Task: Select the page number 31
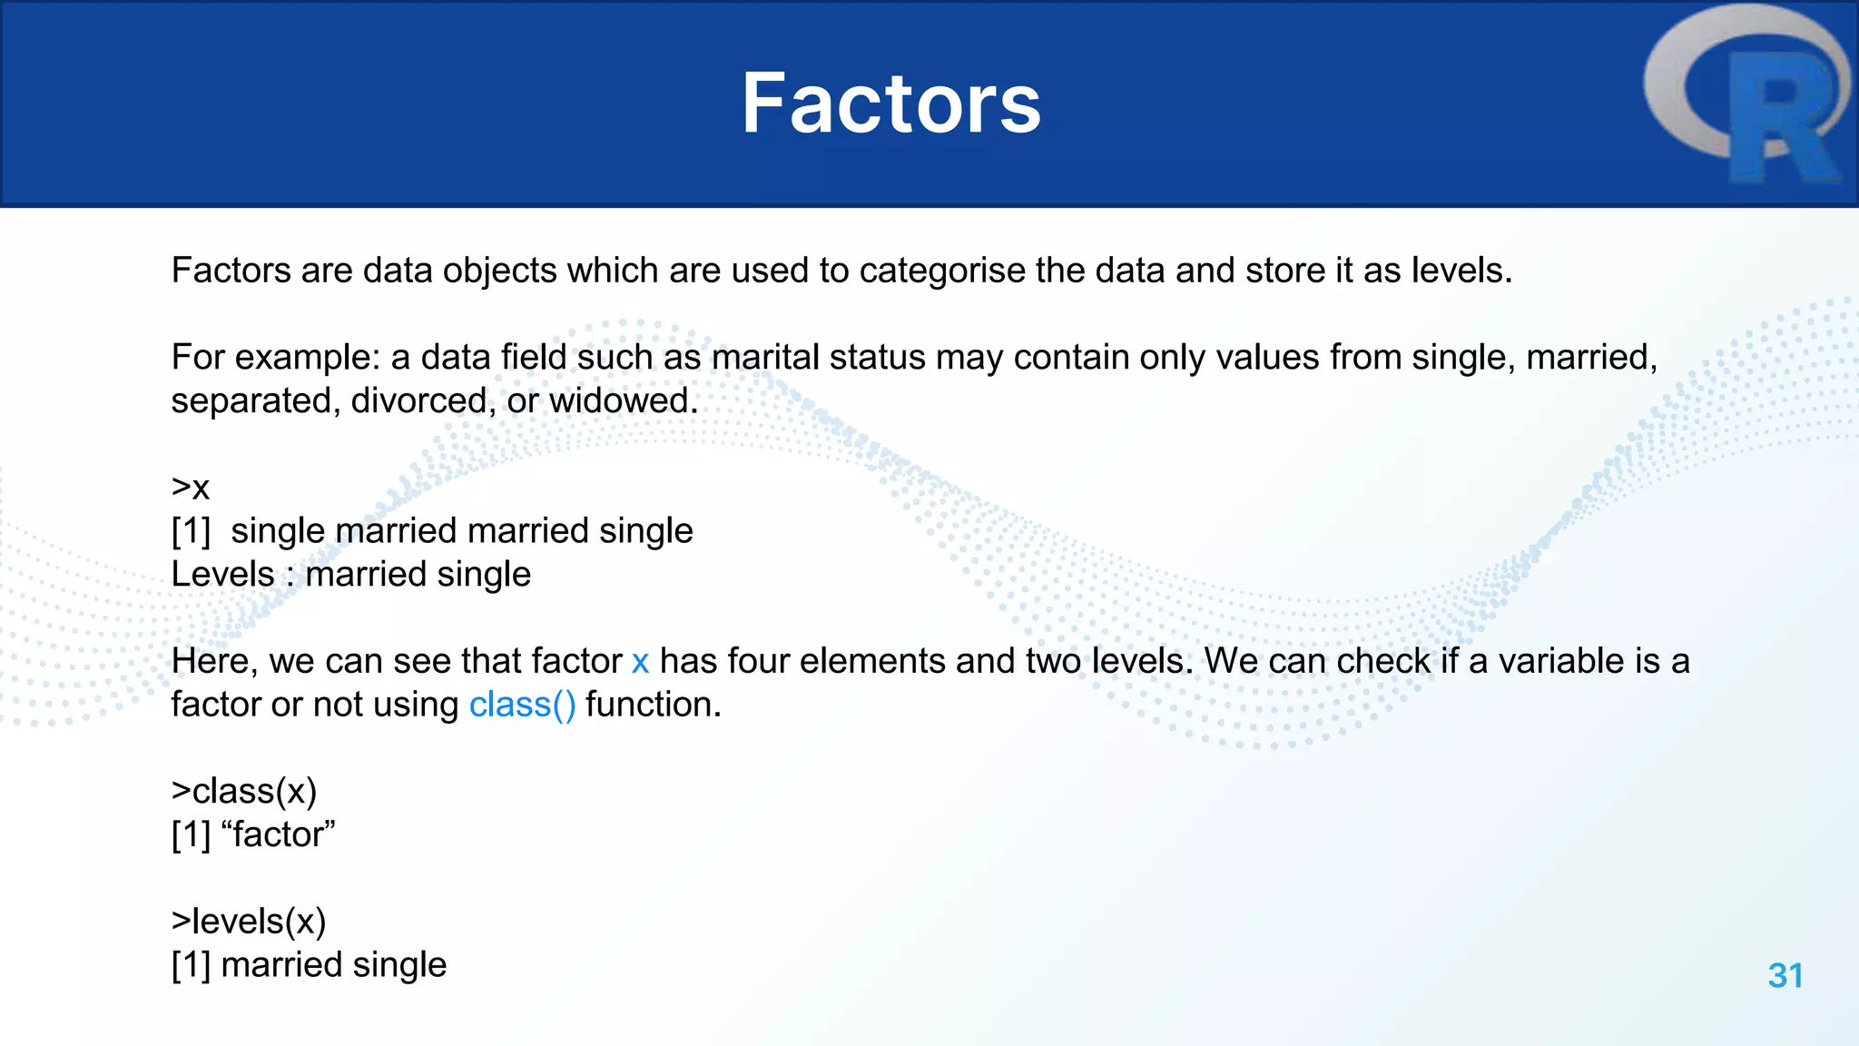(x=1785, y=975)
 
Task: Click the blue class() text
(x=522, y=705)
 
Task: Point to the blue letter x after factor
(x=640, y=661)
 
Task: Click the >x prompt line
(x=191, y=488)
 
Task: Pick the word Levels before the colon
(x=222, y=574)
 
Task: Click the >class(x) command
(x=244, y=791)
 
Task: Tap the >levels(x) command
(x=249, y=922)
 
